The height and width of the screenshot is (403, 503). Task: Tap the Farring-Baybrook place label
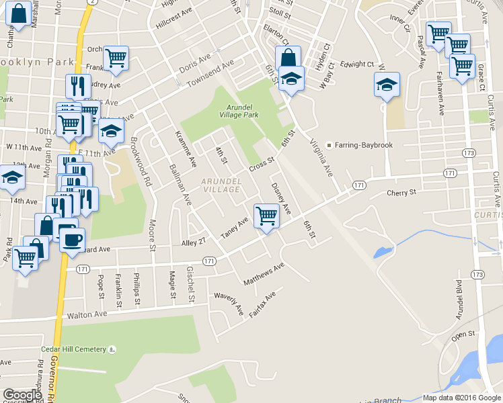click(x=359, y=145)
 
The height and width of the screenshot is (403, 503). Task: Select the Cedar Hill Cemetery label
click(x=83, y=349)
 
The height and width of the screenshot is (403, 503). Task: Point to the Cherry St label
click(x=402, y=193)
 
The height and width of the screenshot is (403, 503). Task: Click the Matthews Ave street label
click(x=264, y=273)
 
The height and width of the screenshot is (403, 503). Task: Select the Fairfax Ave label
click(x=262, y=305)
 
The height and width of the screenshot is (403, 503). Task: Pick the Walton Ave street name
click(x=87, y=314)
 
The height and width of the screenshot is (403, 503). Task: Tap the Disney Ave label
click(x=281, y=198)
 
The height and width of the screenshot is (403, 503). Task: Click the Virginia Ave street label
click(x=321, y=159)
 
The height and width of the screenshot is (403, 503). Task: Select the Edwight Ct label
click(x=357, y=64)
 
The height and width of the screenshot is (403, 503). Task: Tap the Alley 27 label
click(x=192, y=242)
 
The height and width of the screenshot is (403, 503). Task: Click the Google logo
click(x=22, y=395)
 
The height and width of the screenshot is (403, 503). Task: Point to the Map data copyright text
click(x=461, y=398)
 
